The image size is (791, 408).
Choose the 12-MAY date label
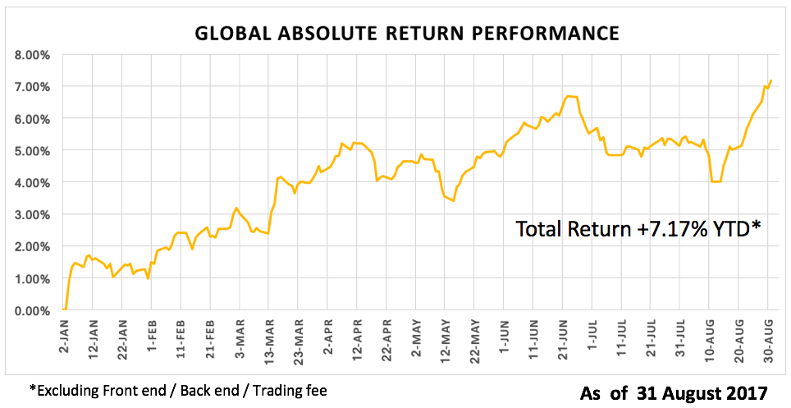coord(444,335)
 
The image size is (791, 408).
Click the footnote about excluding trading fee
coord(178,390)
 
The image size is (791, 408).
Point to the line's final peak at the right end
coord(771,80)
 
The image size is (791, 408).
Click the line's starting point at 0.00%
coord(64,309)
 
